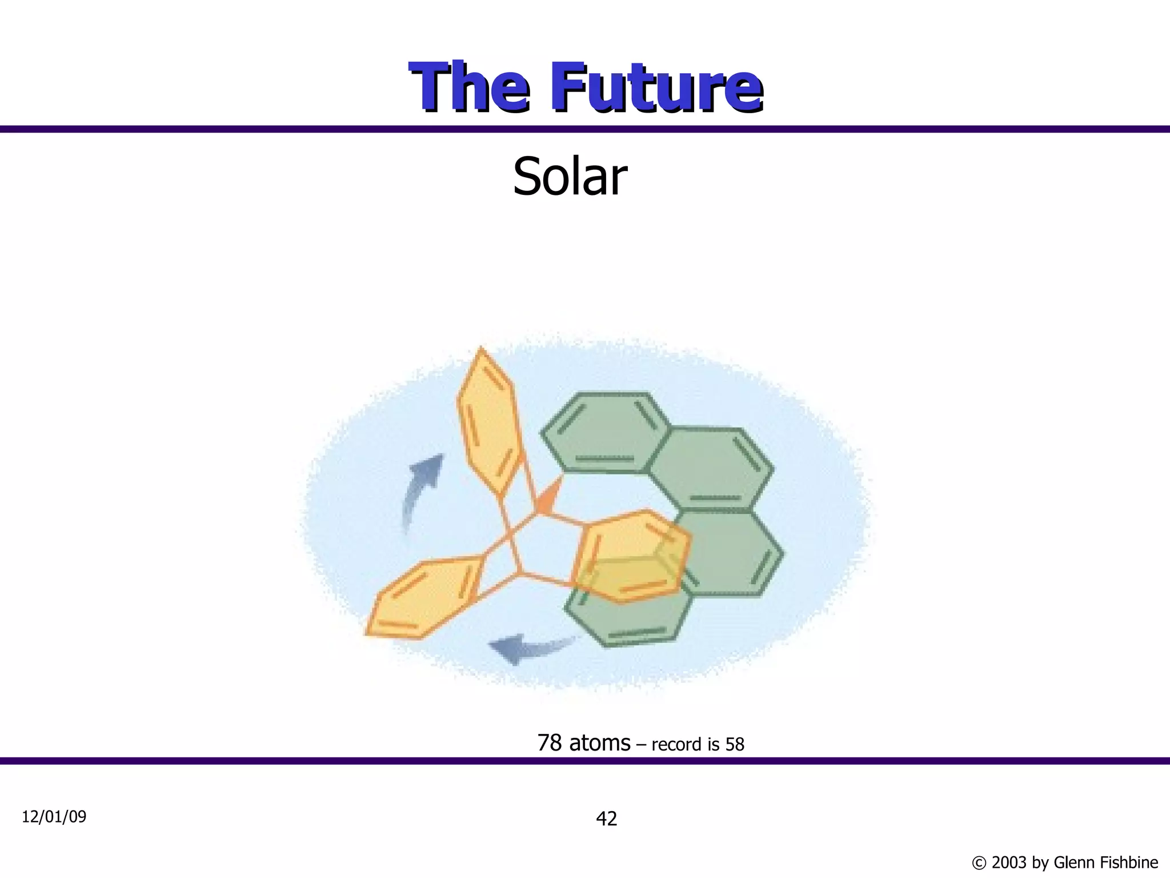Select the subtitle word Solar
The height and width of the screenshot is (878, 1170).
[x=570, y=177]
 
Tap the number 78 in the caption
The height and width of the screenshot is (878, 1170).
[x=549, y=743]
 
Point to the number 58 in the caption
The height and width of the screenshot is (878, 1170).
[x=735, y=744]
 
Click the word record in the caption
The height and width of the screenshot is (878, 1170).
[x=677, y=744]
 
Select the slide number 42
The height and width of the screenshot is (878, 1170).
[x=606, y=819]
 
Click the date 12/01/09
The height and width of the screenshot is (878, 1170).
[x=54, y=817]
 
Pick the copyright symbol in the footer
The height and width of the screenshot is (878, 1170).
[x=979, y=863]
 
